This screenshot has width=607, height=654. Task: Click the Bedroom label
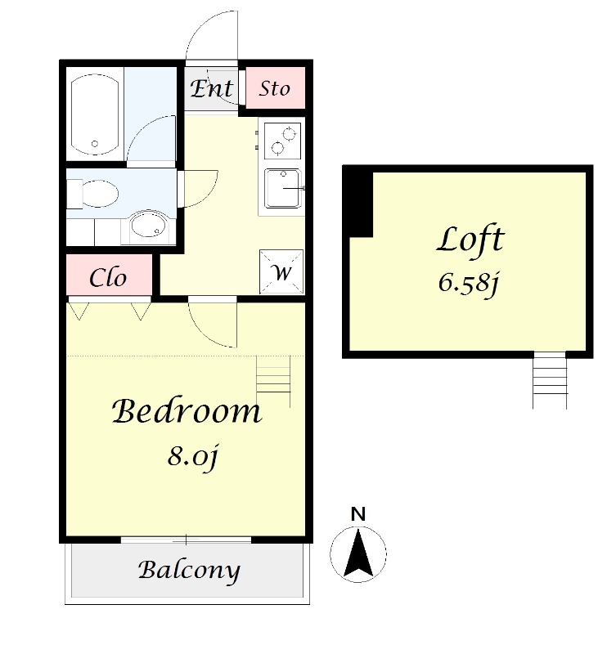(x=187, y=411)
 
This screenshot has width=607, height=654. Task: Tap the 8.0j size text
(x=193, y=457)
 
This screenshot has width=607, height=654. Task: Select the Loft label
(x=470, y=240)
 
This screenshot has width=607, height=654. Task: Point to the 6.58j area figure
(x=469, y=283)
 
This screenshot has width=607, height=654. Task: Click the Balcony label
(x=189, y=570)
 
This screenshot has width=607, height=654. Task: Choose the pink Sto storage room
(x=275, y=88)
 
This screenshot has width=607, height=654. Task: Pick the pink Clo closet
(x=109, y=275)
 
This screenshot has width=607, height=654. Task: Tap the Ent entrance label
(x=212, y=89)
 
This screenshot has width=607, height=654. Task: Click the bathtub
(x=95, y=114)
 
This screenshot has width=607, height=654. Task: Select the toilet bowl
(x=93, y=194)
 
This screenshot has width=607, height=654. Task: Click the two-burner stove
(x=282, y=141)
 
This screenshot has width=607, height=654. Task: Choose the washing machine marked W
(x=281, y=272)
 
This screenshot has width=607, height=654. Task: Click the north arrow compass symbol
(x=358, y=554)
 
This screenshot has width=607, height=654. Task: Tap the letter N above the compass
(x=358, y=514)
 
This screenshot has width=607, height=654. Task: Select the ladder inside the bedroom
(x=273, y=381)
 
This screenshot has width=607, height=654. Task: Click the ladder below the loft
(x=550, y=380)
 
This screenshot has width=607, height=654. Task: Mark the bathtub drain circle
(x=95, y=144)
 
